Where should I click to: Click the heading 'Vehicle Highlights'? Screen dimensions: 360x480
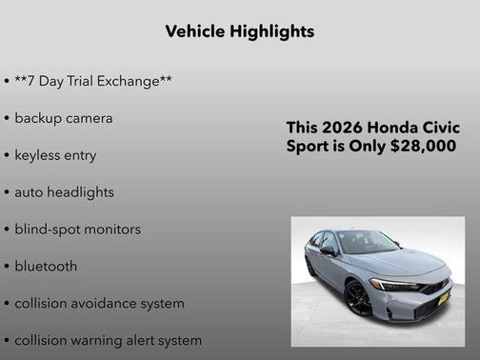tap(240, 31)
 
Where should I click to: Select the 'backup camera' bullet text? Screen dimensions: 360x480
tap(64, 118)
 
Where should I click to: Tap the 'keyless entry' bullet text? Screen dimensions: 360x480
tap(55, 155)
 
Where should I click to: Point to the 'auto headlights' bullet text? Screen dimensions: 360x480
tap(64, 192)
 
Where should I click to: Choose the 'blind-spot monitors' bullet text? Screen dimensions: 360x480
tap(77, 230)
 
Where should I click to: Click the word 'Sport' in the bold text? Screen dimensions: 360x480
tap(309, 147)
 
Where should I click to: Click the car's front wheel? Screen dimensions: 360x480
tap(359, 299)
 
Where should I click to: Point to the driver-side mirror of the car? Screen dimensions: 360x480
tap(329, 250)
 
